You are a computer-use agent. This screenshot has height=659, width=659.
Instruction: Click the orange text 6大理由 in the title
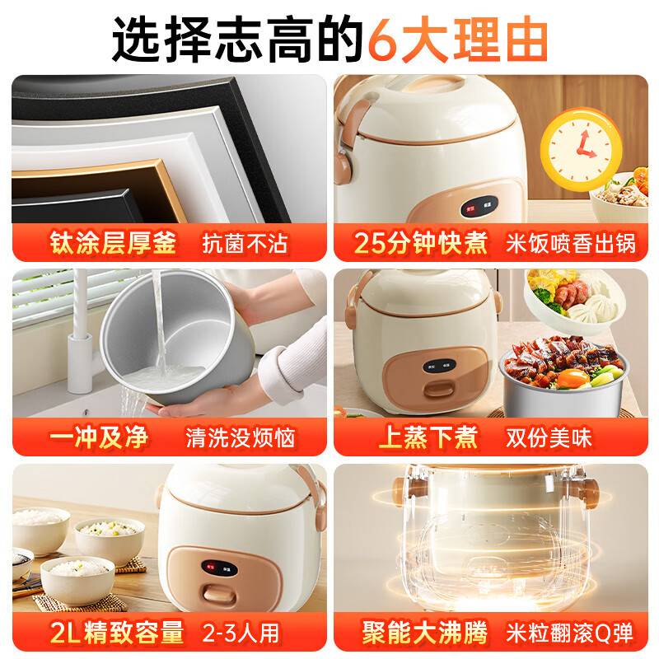coord(457,39)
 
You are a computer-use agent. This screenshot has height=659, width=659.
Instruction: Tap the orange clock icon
coord(580,148)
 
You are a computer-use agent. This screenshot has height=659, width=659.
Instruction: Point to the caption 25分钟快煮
coord(421,244)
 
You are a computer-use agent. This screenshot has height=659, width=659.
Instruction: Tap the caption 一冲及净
coord(100,437)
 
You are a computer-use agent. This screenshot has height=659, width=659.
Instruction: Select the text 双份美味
coord(549,437)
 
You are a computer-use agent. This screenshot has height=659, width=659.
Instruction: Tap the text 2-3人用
coord(241,633)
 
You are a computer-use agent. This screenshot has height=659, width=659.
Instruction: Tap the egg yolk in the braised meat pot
coord(575,378)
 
